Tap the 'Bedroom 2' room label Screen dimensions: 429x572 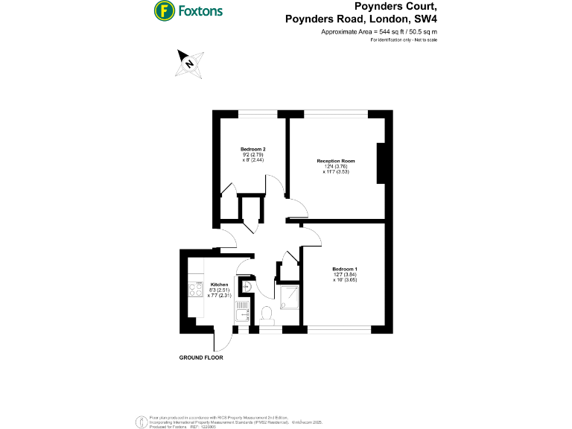coord(253,150)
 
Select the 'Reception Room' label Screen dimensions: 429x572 coord(336,161)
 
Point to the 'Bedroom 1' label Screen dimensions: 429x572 coord(345,269)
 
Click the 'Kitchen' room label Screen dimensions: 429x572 coord(219,285)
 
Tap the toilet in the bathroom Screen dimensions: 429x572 coord(267,315)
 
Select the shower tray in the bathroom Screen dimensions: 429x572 coord(289,299)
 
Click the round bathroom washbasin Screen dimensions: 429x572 coord(247,287)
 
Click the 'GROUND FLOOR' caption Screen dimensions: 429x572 coord(201,357)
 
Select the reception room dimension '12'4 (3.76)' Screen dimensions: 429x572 coord(336,166)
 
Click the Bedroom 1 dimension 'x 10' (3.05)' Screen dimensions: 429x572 coord(345,280)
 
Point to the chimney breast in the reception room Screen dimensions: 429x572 coord(382,162)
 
